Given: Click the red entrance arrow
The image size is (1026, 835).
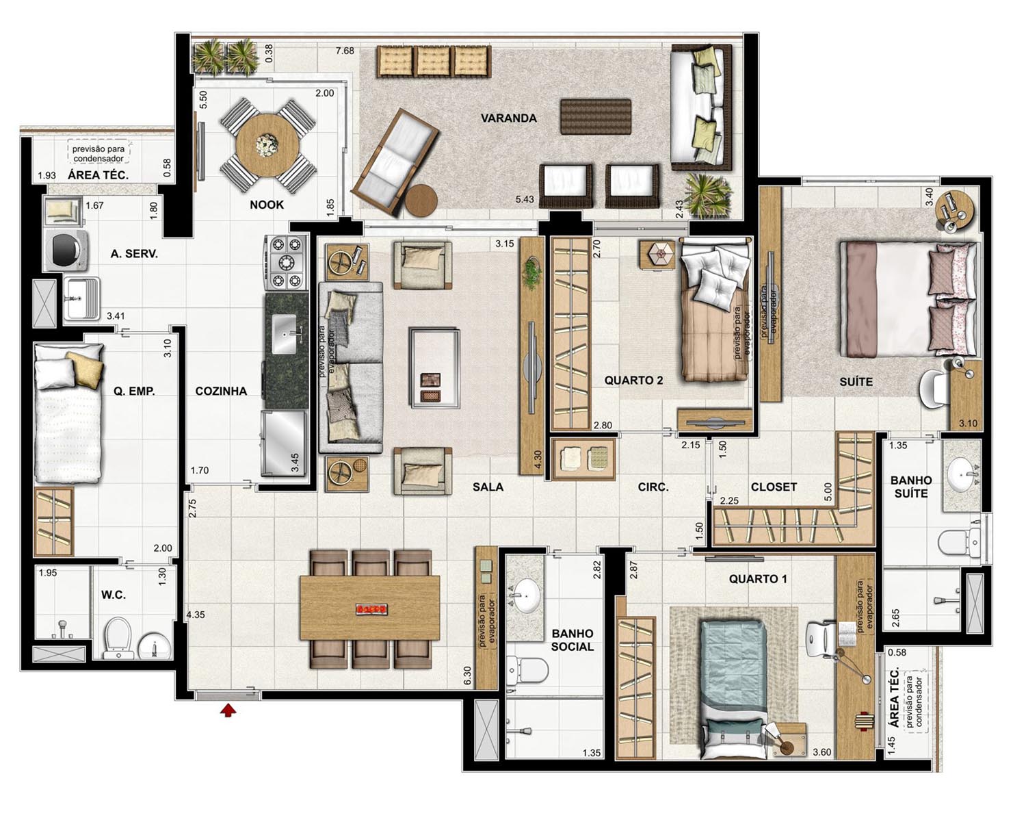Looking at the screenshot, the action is coord(228,710).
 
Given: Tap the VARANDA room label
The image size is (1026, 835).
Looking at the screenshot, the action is coord(508,118).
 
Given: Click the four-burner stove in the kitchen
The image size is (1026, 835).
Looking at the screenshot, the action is coord(286,262).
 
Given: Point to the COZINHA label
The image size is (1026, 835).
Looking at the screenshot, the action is coord(221,391).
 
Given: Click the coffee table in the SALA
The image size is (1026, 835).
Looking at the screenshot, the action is coord(434,368).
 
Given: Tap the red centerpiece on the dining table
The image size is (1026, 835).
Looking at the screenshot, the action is coord(371,610).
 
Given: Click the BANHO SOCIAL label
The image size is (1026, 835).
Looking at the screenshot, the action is coord(573,640).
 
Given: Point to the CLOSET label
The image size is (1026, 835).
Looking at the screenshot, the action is coord(774,487).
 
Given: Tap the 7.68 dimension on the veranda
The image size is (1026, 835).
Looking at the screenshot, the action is coord(345,51).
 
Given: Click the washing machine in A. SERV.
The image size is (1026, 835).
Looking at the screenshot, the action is coord(67,250).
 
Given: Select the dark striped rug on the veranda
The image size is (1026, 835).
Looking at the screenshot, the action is coord(595,116).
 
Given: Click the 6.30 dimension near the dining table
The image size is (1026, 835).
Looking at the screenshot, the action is coord(467,676).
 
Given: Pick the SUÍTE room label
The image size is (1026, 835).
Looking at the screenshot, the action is coord(856,382).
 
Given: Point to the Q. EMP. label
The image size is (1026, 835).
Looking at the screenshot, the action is coord(134,391).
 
